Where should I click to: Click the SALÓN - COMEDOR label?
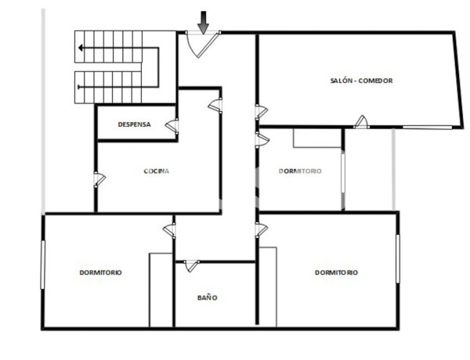click(361, 81)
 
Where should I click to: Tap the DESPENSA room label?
click(134, 124)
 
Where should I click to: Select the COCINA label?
click(157, 171)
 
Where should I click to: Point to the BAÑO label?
click(207, 297)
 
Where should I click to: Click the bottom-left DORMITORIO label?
click(100, 272)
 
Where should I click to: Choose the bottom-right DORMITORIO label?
click(336, 272)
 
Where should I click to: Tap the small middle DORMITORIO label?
click(300, 171)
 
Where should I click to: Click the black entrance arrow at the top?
click(203, 22)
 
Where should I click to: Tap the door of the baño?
click(190, 266)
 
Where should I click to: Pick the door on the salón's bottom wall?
click(361, 121)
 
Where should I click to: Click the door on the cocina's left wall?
click(99, 179)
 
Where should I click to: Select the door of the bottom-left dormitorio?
click(169, 229)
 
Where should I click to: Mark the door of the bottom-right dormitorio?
click(262, 229)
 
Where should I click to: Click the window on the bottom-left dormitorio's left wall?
click(43, 263)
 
